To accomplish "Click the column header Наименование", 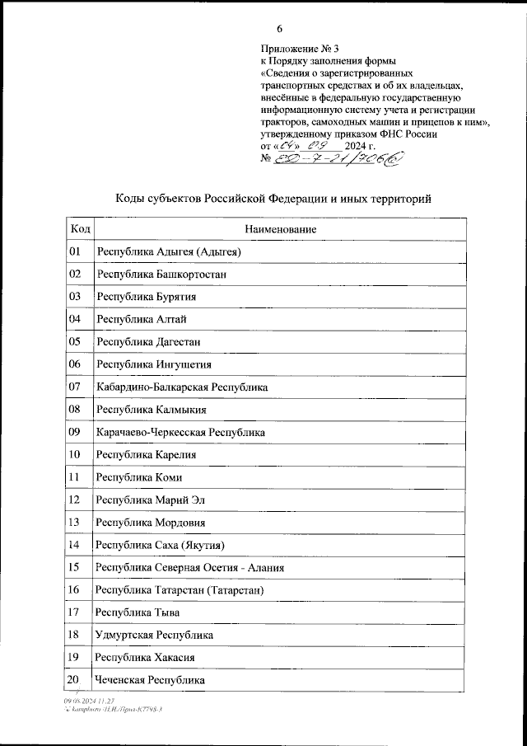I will [280, 229].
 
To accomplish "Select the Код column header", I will [80, 229].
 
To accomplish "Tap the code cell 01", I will [76, 251].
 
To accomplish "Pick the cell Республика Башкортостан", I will [161, 274].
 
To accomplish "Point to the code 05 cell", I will [76, 341].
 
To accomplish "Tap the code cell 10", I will [76, 454].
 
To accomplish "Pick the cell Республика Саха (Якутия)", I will [160, 545].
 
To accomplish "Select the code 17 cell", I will [76, 612].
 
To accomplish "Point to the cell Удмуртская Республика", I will [155, 635].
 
